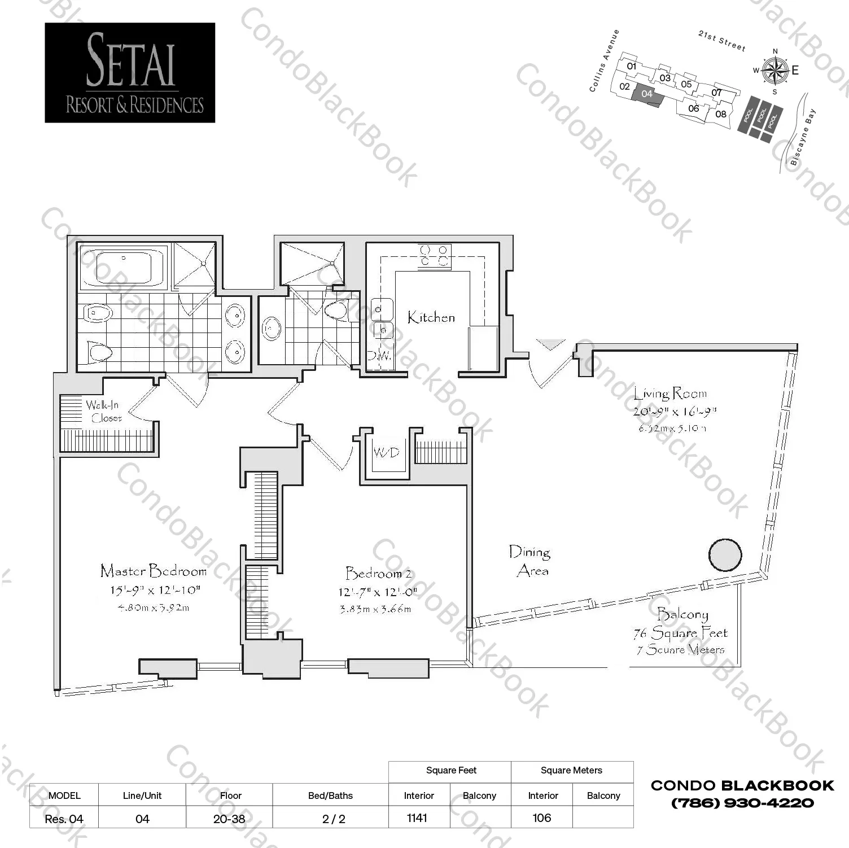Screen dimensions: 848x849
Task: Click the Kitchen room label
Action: [431, 317]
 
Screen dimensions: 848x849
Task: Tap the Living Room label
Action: [670, 394]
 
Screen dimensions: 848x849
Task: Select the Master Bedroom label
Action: [154, 571]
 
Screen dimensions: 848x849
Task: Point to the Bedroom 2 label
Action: [379, 574]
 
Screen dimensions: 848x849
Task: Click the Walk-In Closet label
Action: [104, 412]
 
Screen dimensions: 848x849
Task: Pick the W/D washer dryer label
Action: [386, 453]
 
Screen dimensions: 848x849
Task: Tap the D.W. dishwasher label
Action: [379, 356]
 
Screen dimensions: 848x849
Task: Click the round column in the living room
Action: [725, 556]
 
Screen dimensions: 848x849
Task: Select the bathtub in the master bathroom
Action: [122, 266]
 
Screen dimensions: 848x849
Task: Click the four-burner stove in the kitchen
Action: [434, 255]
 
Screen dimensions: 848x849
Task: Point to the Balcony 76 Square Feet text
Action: [681, 632]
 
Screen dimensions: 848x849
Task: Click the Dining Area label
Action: [529, 561]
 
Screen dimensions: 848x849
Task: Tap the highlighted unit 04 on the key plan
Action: [647, 94]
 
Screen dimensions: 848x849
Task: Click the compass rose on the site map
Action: [774, 70]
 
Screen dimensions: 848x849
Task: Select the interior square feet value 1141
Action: [417, 818]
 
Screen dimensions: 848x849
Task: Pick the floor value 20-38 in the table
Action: [229, 819]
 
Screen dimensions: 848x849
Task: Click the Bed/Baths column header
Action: [330, 795]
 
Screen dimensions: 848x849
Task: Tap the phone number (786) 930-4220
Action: [742, 803]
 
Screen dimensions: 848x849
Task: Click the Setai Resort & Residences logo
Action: [130, 73]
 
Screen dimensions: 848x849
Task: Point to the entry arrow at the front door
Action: [550, 344]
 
